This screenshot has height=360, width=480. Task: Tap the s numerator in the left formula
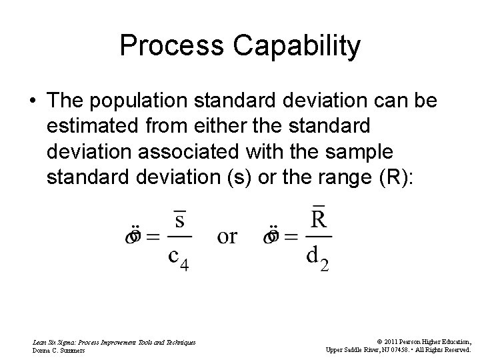point(179,220)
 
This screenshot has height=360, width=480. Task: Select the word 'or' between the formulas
point(227,236)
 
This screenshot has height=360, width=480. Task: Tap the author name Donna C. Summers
point(60,349)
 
